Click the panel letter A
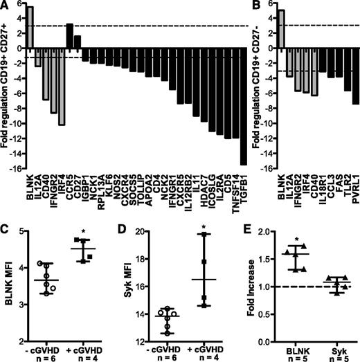tap(6, 6)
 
